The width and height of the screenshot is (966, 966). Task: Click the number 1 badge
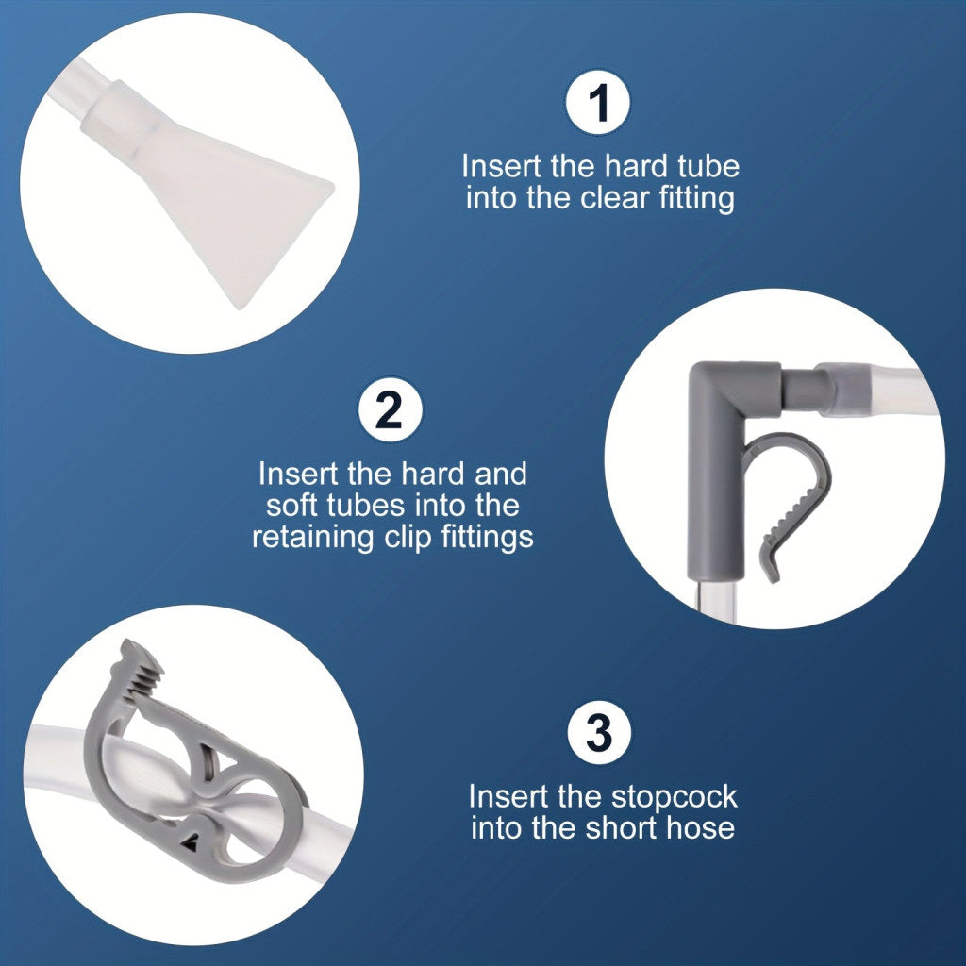[x=597, y=102]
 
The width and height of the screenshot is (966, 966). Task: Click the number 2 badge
[x=391, y=409]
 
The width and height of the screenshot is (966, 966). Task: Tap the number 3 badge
[x=599, y=732]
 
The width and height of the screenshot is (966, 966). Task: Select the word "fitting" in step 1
[x=697, y=199]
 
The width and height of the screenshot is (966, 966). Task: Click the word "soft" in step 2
[x=292, y=506]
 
